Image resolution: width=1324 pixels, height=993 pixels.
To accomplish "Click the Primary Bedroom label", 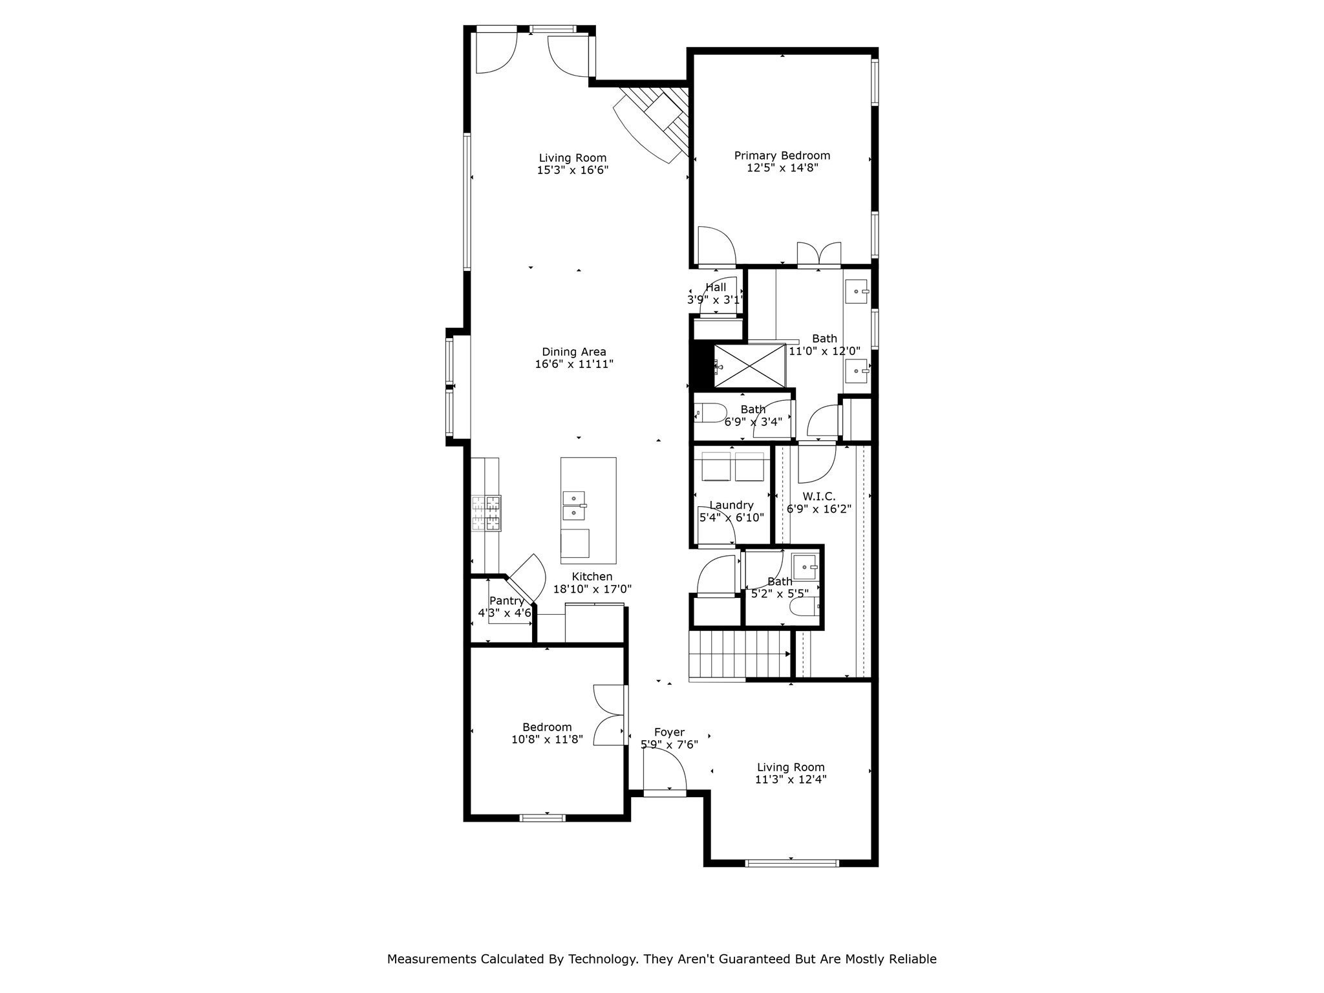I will point(782,156).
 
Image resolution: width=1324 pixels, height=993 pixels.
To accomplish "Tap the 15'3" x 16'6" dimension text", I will point(572,171).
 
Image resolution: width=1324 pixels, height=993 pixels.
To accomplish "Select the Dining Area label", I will point(573,352).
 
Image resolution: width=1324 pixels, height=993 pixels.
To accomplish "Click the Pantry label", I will point(506,601).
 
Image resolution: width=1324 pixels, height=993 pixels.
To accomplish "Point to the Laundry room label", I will point(731,506).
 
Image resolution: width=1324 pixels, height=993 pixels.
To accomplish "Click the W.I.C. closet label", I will point(818,496).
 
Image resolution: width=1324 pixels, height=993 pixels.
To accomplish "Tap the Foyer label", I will point(669,732).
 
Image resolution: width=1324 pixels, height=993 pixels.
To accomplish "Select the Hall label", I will point(716,288).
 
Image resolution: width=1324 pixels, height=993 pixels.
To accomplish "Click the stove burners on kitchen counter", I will point(486,513).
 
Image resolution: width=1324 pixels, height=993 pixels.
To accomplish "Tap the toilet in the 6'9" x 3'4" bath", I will point(709,412).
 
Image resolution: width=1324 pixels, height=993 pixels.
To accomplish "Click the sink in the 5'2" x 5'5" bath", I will point(806,568).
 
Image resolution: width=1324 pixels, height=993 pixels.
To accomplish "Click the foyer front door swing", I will point(666,773).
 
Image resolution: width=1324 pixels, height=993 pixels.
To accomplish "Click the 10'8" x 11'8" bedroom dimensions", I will point(547,740).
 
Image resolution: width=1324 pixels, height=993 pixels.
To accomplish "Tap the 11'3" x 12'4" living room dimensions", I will point(791,780).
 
